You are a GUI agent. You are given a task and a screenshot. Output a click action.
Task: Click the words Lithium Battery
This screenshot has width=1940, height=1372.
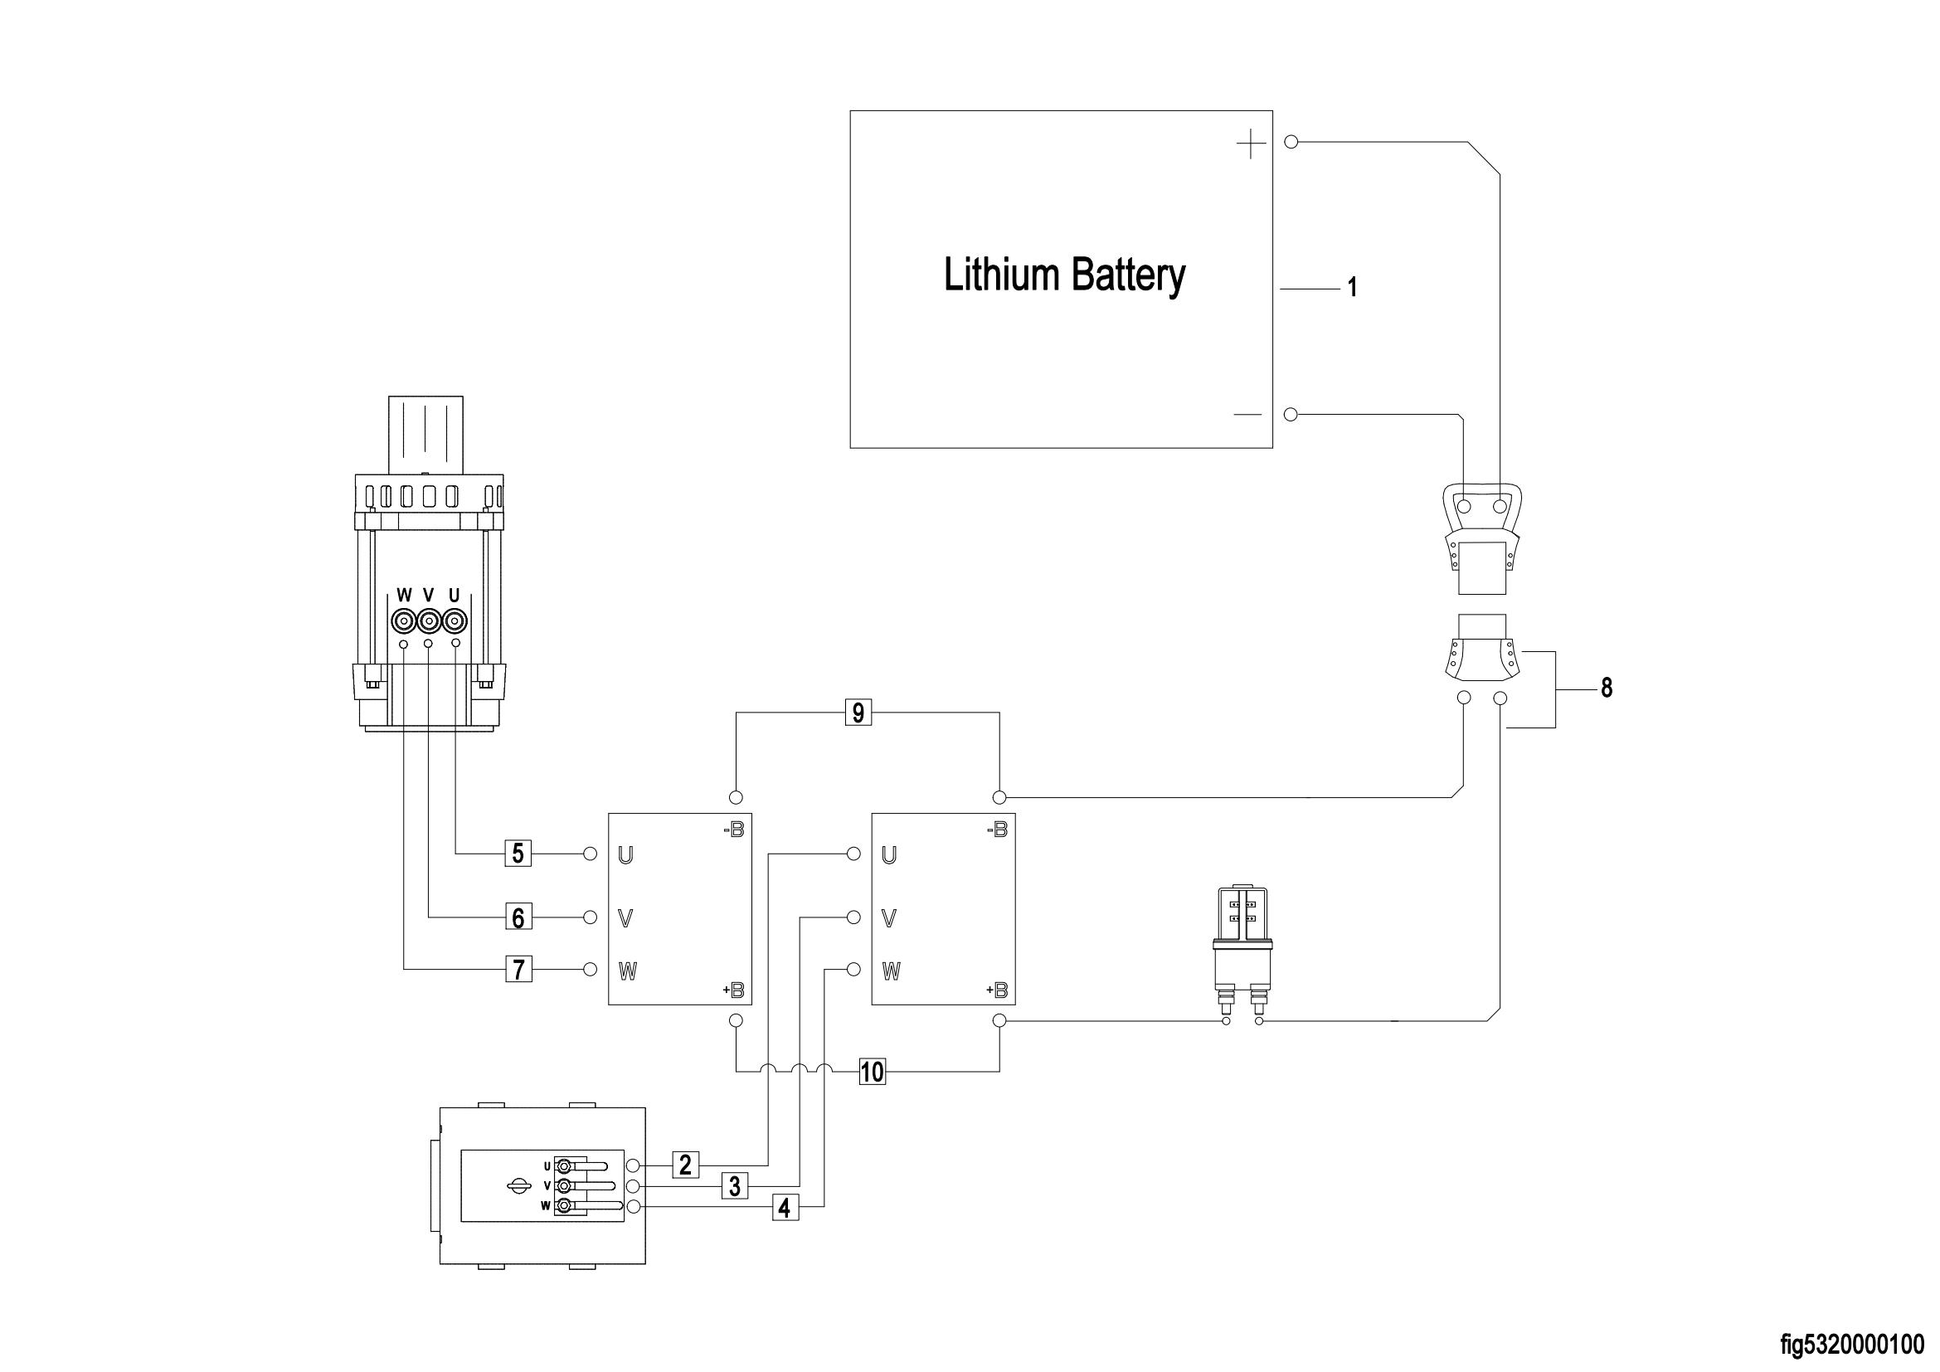1064,276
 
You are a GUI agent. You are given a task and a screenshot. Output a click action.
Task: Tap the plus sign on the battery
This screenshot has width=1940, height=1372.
1251,145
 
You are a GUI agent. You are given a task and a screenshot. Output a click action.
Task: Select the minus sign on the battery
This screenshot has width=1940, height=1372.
1247,415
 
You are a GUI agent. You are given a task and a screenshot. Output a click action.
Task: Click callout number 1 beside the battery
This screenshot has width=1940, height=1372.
1352,288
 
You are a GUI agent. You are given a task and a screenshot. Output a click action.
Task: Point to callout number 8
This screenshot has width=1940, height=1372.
1607,688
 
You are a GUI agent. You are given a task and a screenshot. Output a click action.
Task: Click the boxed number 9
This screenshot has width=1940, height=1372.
858,713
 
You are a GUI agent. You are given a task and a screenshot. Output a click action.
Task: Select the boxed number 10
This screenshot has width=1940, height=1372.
872,1072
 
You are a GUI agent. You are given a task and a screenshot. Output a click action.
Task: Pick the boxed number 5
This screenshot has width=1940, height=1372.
518,854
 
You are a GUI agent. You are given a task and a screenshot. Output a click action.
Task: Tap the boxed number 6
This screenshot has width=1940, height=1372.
518,917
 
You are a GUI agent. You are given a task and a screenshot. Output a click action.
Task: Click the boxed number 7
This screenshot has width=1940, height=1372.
518,969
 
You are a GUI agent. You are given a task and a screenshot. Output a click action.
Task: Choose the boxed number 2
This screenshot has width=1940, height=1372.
685,1165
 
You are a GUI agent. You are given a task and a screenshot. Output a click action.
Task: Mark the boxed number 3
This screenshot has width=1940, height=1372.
735,1187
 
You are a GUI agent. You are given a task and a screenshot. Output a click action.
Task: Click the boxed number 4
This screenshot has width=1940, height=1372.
784,1209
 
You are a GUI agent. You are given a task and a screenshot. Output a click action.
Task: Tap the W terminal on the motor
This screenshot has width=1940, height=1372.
404,622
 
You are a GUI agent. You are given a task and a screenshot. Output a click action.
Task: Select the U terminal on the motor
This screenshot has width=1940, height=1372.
455,622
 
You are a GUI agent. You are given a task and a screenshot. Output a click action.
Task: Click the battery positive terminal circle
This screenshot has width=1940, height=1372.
1291,141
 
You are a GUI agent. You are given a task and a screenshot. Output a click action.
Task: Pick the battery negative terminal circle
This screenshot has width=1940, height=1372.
1291,414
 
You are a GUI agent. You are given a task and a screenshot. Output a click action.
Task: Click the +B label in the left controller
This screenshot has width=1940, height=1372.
732,990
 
